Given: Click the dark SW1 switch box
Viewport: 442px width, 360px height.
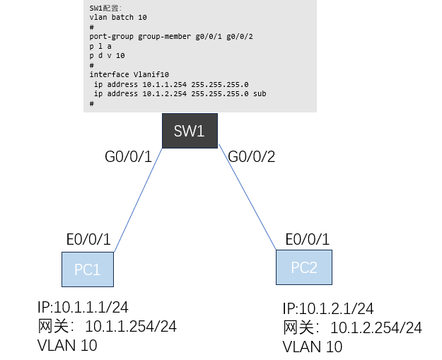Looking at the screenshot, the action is pos(188,131).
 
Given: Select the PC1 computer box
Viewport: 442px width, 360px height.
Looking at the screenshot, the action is pos(87,269).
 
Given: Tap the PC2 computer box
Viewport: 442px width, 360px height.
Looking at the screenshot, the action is pos(305,267).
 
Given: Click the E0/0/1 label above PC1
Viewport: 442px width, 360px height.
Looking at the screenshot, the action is pos(86,240).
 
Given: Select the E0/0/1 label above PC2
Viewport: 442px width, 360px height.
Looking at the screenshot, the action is pos(308,238).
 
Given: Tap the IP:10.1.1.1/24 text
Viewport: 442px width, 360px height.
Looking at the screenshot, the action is pos(83,308).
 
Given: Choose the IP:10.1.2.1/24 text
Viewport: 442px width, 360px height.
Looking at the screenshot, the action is pos(328,309).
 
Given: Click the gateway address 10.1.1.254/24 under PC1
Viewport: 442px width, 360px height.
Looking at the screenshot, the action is pos(130,327).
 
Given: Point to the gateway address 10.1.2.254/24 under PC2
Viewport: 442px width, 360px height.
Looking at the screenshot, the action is pos(376,327).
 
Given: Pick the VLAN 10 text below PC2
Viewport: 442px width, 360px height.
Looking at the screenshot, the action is pos(313,347).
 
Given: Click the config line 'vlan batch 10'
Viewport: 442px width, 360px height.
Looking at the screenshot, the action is pos(118,16).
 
